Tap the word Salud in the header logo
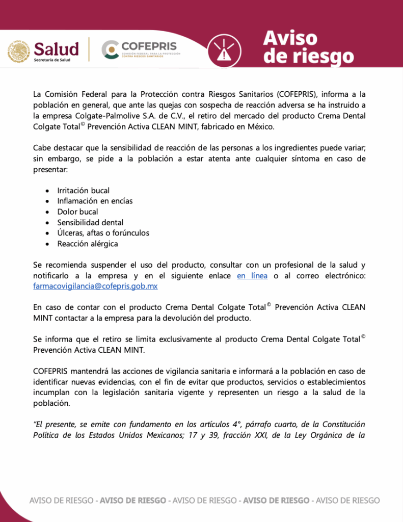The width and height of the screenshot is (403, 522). coord(56,48)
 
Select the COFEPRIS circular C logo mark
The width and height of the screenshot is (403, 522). coord(110,49)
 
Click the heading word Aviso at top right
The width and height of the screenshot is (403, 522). coord(290,38)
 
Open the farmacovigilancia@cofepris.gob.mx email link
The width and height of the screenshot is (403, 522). coord(95,286)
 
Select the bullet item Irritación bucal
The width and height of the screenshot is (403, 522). coord(83,191)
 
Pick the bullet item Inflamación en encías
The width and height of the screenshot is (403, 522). coord(95,201)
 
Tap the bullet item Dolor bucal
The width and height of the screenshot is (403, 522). coord(77,212)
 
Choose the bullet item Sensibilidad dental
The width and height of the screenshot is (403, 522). coord(90,222)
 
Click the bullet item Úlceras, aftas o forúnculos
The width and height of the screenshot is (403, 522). coord(103,233)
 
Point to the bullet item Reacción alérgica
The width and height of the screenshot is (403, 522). coord(87,244)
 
